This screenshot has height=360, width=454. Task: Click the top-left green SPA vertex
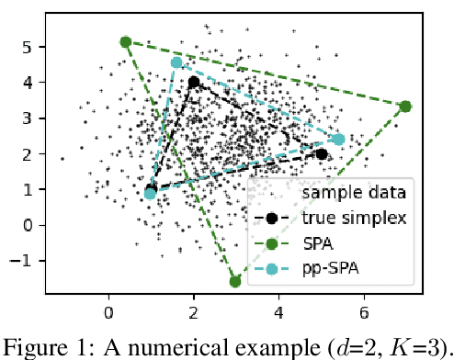(126, 42)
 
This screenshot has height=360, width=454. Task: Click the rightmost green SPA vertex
(405, 107)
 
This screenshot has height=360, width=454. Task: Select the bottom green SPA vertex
(235, 281)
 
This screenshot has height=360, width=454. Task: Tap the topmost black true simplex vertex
(194, 82)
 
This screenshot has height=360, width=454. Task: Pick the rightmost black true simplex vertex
(322, 154)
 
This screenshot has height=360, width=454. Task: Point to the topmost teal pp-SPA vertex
(176, 62)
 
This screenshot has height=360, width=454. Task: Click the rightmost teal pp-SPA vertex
(338, 140)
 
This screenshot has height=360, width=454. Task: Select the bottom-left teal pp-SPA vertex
(150, 194)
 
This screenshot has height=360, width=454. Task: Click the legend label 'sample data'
(356, 194)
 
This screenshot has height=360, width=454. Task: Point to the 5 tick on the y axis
(29, 46)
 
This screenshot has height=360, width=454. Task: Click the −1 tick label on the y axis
(25, 261)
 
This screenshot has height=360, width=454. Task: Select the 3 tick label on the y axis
(29, 118)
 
